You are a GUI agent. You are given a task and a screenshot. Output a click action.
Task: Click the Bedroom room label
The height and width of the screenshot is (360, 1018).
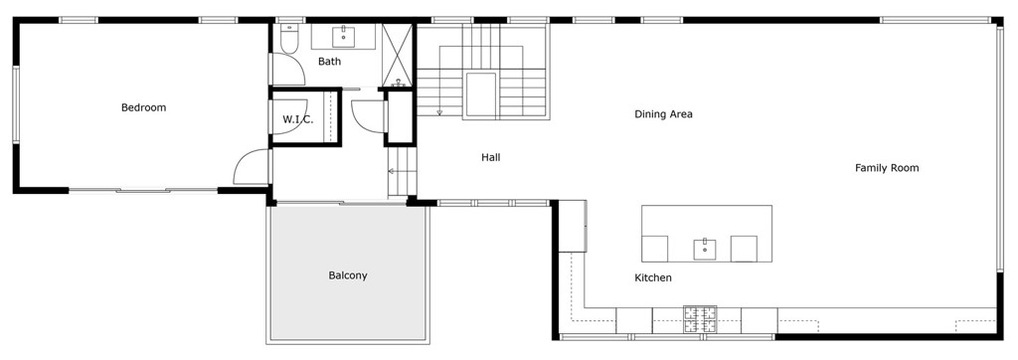click(143, 107)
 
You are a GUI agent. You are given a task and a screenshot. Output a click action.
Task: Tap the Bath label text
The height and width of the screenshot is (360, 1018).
click(329, 62)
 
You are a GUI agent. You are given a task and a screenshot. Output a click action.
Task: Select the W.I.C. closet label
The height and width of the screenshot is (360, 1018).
click(298, 119)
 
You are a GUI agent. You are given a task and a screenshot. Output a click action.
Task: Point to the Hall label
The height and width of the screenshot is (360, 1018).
click(491, 157)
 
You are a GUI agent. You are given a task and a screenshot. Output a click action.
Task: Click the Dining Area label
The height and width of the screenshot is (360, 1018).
click(663, 114)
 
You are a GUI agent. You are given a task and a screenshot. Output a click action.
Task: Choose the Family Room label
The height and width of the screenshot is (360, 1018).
click(887, 168)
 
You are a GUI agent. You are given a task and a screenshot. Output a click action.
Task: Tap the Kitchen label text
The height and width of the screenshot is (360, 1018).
click(653, 278)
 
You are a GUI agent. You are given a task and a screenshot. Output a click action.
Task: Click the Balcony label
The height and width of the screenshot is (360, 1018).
click(348, 275)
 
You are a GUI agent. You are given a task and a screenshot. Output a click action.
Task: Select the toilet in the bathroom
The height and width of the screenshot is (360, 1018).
click(289, 39)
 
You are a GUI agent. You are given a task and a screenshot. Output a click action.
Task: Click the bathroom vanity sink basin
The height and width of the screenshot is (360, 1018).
click(343, 37)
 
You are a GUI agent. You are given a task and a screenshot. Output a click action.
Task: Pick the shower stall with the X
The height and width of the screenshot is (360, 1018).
click(398, 56)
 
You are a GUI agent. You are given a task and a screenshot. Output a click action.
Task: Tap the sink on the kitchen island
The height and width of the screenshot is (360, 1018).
click(705, 249)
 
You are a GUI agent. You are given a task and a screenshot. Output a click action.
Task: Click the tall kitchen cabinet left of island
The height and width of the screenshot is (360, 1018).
click(573, 226)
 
